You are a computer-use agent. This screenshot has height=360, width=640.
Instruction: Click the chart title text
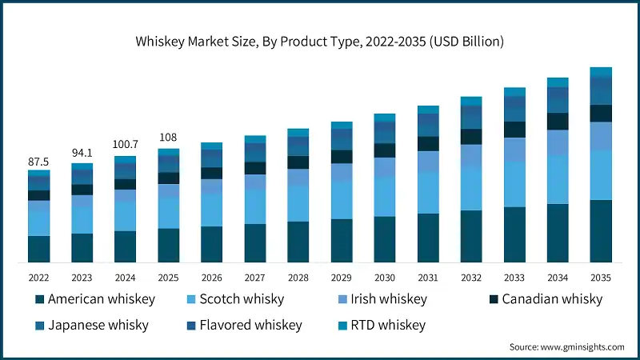point(320,40)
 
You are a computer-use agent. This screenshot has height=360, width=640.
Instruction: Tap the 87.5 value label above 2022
point(38,162)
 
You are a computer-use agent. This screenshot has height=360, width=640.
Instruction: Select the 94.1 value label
point(82,154)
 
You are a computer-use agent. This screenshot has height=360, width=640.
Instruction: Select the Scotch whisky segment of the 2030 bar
point(384,197)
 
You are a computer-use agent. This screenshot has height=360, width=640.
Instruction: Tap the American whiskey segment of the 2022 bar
point(38,249)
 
